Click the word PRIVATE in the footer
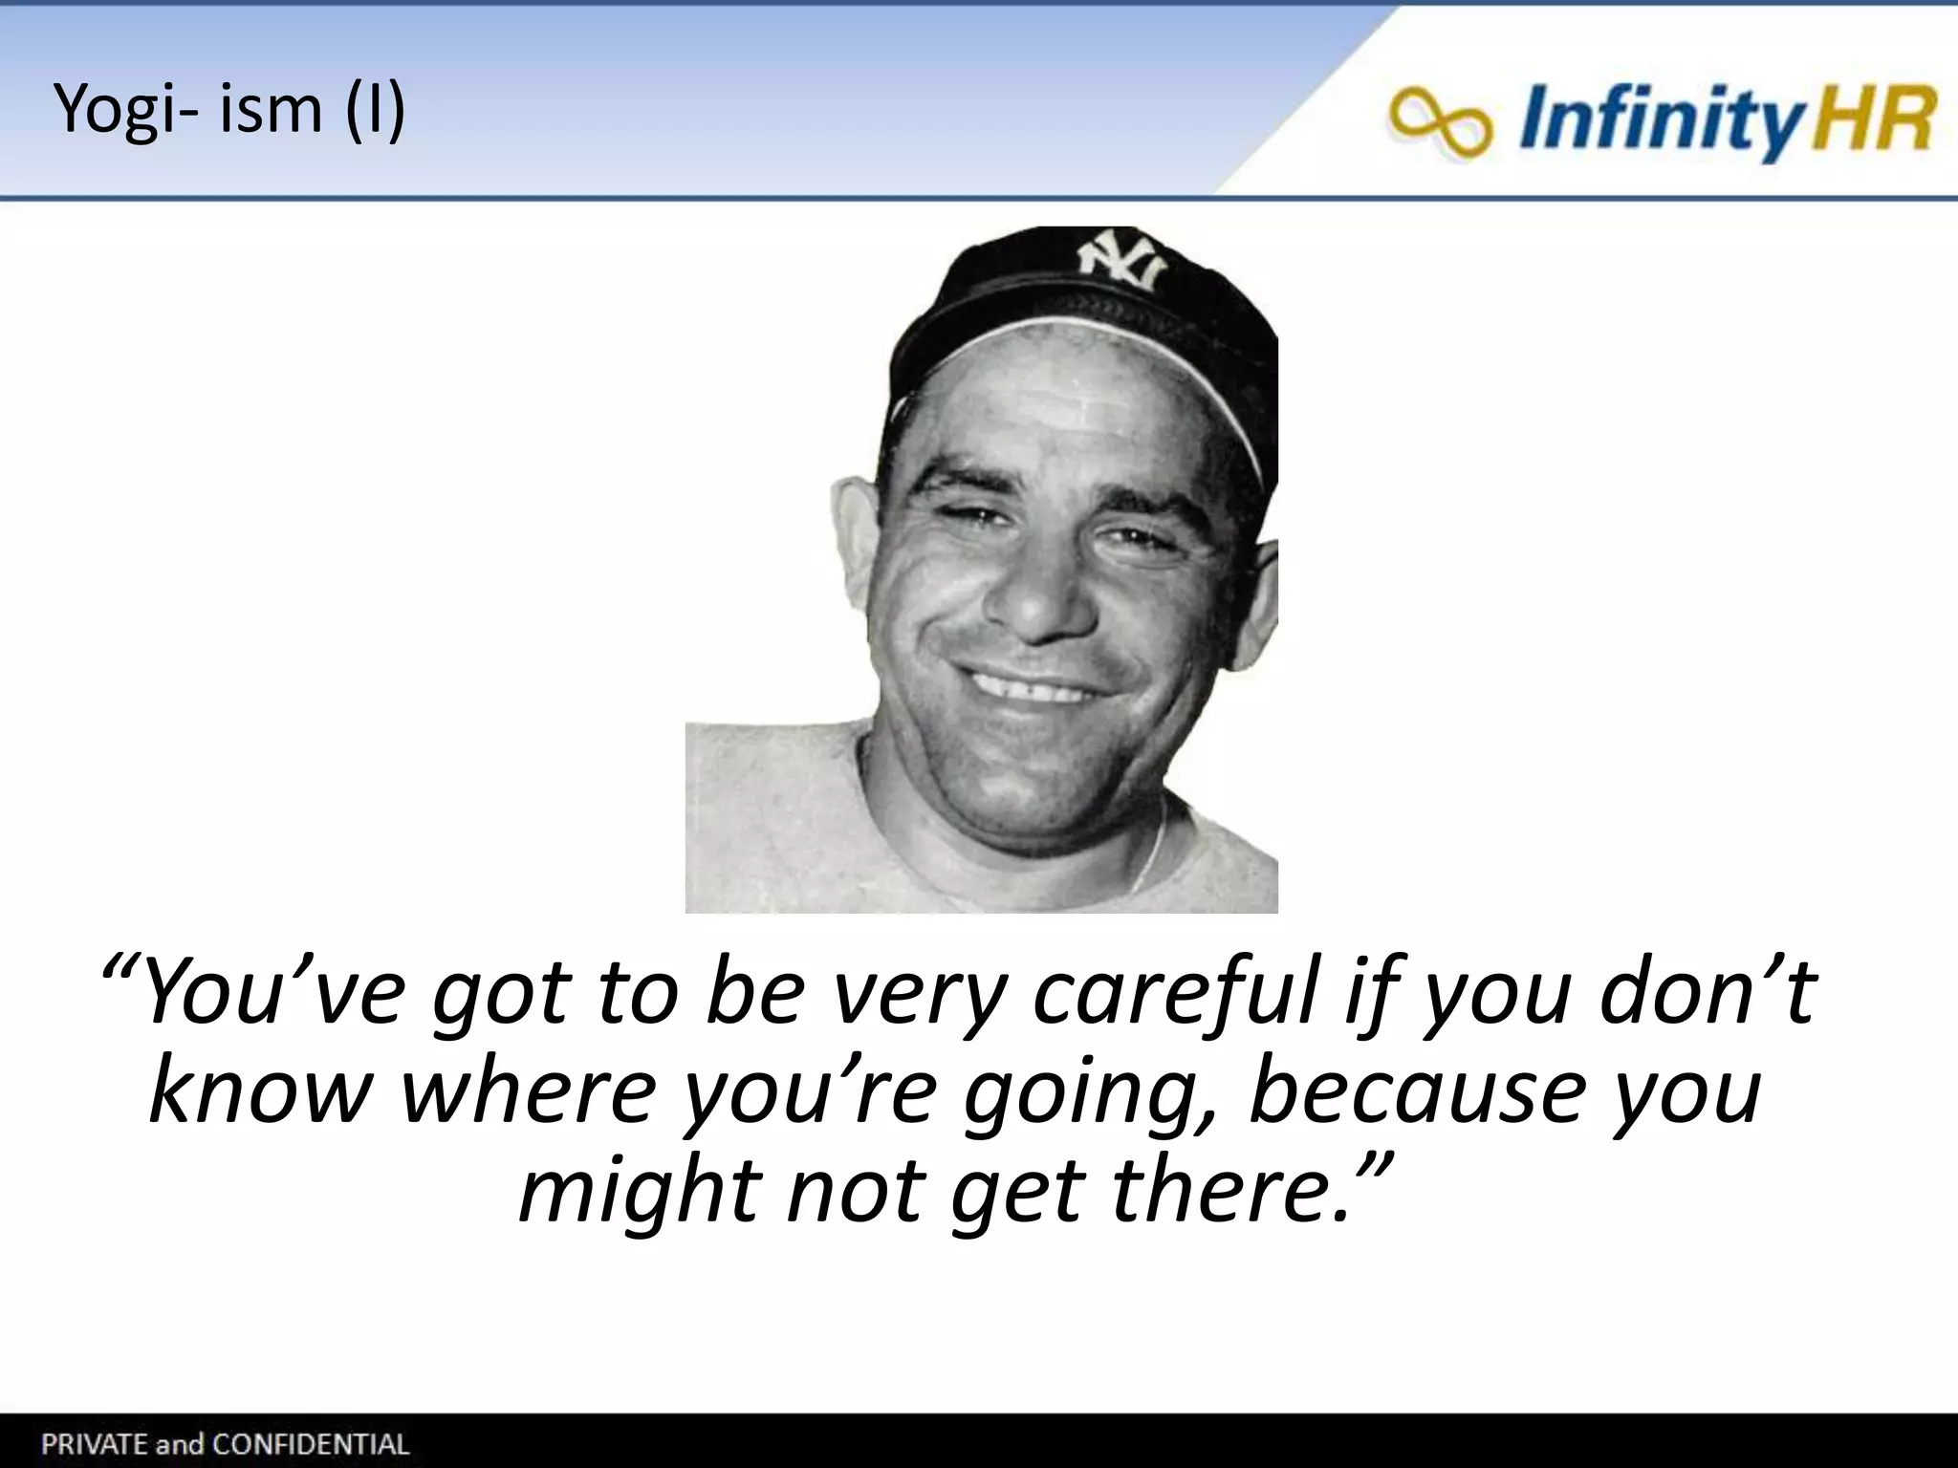coord(92,1443)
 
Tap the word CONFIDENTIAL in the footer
coord(310,1443)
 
